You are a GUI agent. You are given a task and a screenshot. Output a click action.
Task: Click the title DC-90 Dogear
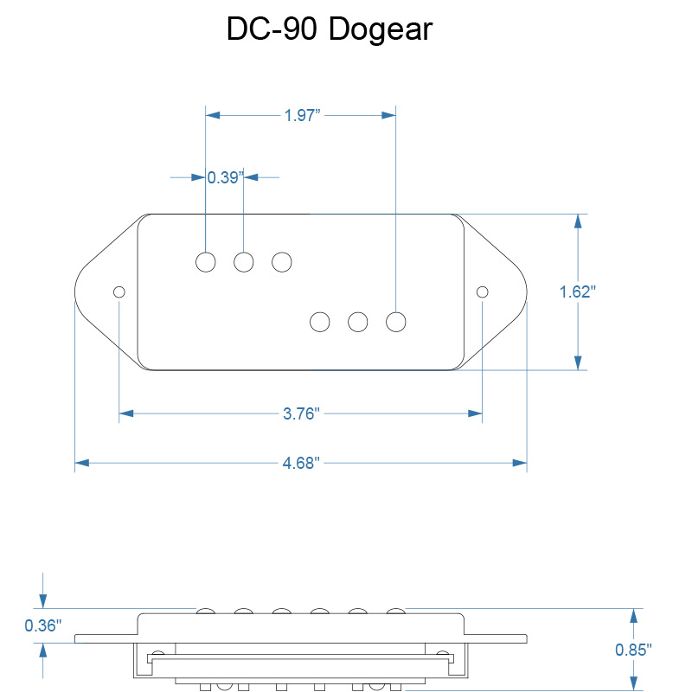[330, 29]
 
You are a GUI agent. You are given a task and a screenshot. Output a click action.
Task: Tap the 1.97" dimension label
[302, 116]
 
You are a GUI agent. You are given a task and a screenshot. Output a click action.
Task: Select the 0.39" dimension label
[225, 177]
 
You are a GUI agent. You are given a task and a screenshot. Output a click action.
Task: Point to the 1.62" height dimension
[577, 292]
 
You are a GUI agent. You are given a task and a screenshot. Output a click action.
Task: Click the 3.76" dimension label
[301, 414]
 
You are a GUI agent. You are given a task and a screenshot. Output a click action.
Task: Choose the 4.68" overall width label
[301, 463]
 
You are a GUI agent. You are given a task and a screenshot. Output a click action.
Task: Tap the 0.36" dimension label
[42, 625]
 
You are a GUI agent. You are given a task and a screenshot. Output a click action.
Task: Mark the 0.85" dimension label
[633, 650]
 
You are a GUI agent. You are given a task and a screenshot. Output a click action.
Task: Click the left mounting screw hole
[119, 292]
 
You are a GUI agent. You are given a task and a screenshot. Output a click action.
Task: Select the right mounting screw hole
[483, 292]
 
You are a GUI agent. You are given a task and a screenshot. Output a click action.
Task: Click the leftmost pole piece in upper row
[206, 262]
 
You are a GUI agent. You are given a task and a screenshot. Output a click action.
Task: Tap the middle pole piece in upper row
[244, 262]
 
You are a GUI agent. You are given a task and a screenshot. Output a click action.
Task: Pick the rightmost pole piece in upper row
[282, 262]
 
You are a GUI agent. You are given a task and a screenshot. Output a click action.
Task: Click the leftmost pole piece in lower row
[320, 322]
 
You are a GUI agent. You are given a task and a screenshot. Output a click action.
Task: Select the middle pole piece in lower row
[358, 322]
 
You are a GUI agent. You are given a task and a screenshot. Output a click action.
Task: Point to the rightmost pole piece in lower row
[396, 322]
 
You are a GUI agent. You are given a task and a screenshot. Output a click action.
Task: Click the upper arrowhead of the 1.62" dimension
[578, 221]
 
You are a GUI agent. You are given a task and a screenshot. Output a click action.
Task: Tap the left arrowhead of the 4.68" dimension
[82, 463]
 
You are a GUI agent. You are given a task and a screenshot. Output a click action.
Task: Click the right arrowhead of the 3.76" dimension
[475, 413]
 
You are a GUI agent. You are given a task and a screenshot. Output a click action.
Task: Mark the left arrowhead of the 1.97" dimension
[213, 115]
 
